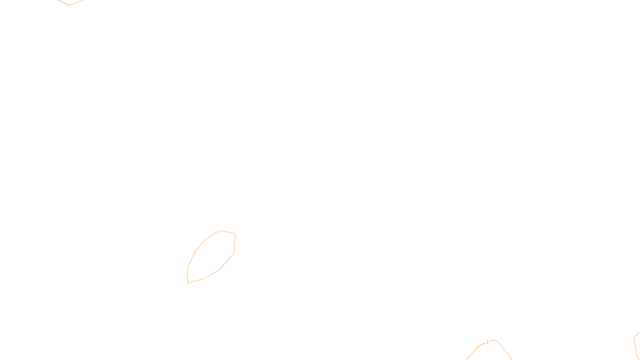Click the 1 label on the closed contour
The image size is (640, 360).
click(188, 282)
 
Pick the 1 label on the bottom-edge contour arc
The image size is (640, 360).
click(487, 342)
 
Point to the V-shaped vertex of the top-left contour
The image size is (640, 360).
click(69, 5)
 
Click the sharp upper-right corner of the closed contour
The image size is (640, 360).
click(235, 234)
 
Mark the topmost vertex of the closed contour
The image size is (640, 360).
click(221, 231)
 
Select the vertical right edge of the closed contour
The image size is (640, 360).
click(234, 243)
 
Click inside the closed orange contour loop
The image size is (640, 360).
click(212, 256)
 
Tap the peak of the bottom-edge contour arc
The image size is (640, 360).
click(494, 340)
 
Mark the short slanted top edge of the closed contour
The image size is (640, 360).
click(228, 232)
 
